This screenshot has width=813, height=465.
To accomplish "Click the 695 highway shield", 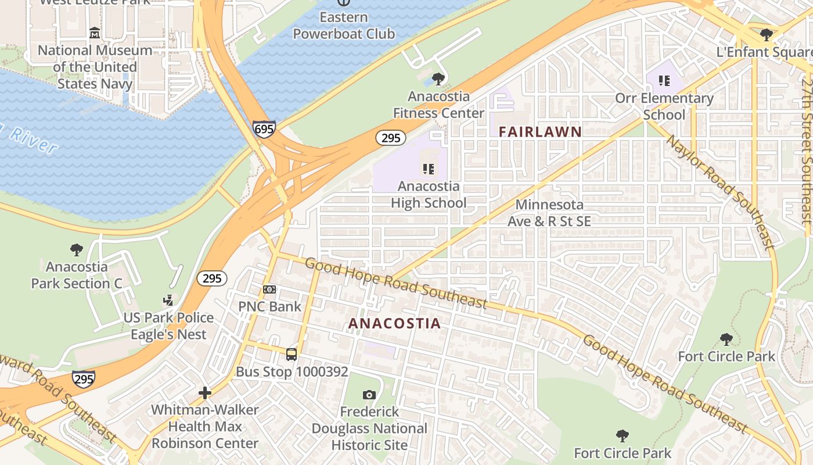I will [x=264, y=129].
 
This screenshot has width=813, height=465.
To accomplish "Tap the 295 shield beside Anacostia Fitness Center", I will [x=390, y=138].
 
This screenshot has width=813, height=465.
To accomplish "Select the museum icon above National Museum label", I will [x=95, y=34].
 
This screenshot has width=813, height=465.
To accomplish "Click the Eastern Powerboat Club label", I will [x=343, y=26].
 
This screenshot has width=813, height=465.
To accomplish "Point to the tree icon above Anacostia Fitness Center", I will [x=438, y=79].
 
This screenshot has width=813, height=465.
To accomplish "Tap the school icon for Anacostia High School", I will [x=429, y=169].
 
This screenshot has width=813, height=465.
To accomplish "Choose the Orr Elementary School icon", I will [x=664, y=81].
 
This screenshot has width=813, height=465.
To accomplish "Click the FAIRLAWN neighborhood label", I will [x=540, y=132].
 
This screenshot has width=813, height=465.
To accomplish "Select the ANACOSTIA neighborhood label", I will [x=394, y=324].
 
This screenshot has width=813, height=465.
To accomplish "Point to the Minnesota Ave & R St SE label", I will [x=549, y=213].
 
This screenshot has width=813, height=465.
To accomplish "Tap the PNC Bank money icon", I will [x=269, y=289].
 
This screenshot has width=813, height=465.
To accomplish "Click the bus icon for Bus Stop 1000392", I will [x=292, y=354].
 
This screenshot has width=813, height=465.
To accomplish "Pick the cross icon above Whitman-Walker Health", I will [x=204, y=393].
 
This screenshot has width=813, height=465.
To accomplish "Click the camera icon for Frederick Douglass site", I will [x=369, y=395].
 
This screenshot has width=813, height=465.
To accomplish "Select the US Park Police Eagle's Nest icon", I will [x=168, y=301].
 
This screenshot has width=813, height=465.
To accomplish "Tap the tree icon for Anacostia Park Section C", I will [x=76, y=250].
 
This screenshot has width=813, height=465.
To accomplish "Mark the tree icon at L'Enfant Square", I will [x=767, y=35].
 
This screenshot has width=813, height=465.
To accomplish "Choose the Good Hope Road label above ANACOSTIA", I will [x=395, y=283].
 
